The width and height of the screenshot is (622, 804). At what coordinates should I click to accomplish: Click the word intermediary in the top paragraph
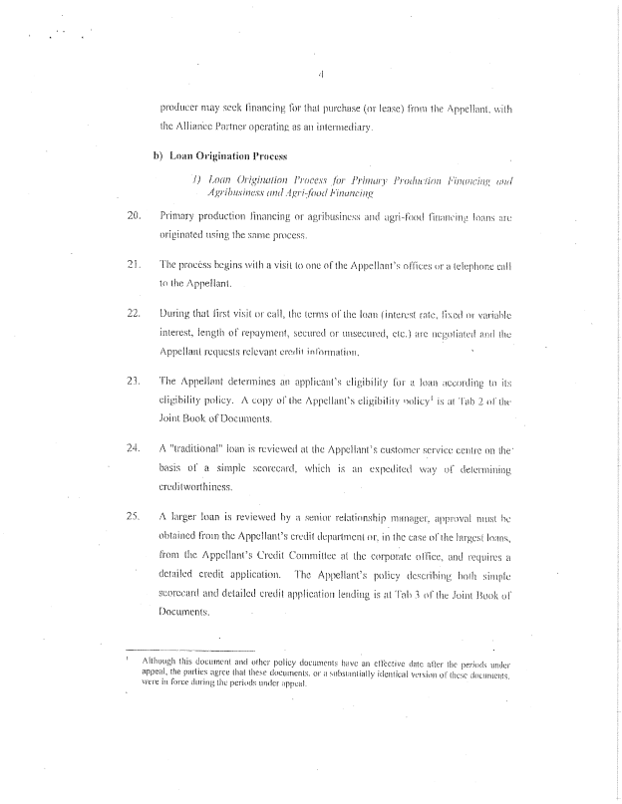(x=338, y=128)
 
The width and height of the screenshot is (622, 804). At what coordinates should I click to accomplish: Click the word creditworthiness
(x=200, y=485)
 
